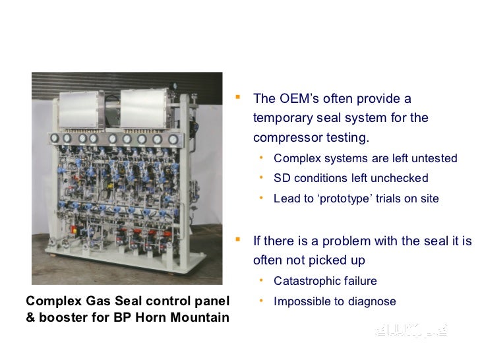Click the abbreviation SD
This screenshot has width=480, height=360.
282,178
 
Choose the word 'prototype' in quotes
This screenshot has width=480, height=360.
348,198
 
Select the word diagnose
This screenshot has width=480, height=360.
373,301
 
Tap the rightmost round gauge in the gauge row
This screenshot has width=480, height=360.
173,139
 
